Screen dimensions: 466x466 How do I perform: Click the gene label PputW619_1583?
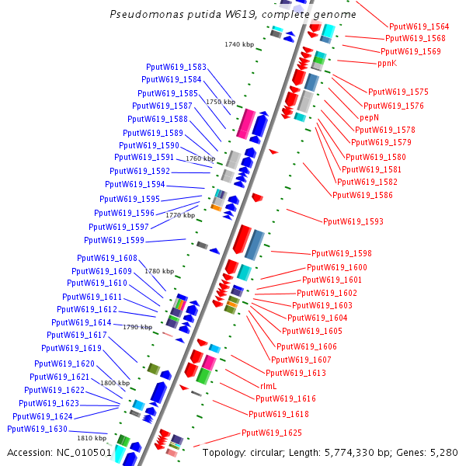click(176, 68)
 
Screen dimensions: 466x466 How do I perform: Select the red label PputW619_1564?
click(419, 26)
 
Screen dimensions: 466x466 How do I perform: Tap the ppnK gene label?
click(387, 63)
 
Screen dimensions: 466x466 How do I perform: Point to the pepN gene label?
click(368, 117)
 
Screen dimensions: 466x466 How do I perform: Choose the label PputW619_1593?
click(353, 222)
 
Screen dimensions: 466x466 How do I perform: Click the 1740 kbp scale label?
click(239, 44)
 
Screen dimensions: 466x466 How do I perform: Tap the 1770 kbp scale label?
click(180, 215)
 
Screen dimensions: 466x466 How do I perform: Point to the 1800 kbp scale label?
click(114, 383)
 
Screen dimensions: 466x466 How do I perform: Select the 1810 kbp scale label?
click(91, 438)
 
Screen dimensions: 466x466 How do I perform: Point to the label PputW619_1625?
click(272, 433)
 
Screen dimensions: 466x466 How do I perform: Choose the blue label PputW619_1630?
click(37, 429)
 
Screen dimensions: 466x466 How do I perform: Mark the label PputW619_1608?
click(107, 258)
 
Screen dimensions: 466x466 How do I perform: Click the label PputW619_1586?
click(363, 195)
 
